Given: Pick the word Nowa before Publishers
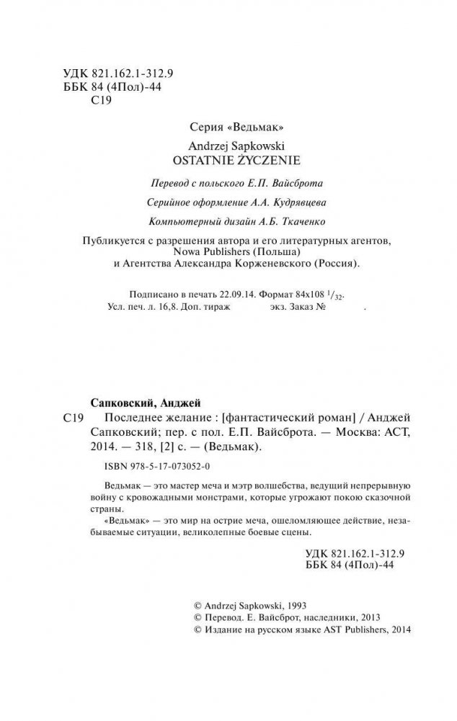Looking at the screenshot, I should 189,252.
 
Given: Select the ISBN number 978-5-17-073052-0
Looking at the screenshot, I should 154,466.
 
